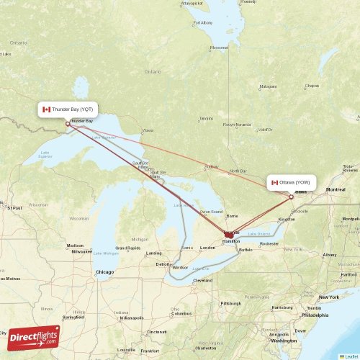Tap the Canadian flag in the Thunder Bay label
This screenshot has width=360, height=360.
click(x=47, y=109)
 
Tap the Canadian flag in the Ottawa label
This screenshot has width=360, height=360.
click(x=274, y=183)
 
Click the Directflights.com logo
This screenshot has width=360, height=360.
click(x=35, y=336)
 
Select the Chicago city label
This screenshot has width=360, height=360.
click(x=104, y=271)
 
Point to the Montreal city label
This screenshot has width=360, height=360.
click(x=336, y=189)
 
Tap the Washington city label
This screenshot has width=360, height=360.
click(x=284, y=341)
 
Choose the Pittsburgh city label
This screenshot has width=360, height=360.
click(x=232, y=303)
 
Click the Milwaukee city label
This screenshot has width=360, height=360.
click(x=81, y=251)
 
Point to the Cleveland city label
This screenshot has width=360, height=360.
click(x=202, y=280)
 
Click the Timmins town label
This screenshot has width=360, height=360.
click(x=207, y=119)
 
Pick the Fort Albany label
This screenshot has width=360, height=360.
click(x=203, y=23)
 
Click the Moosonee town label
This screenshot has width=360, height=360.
click(x=219, y=48)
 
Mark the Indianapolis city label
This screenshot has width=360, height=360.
click(x=131, y=318)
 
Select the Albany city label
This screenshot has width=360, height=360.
click(x=330, y=255)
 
